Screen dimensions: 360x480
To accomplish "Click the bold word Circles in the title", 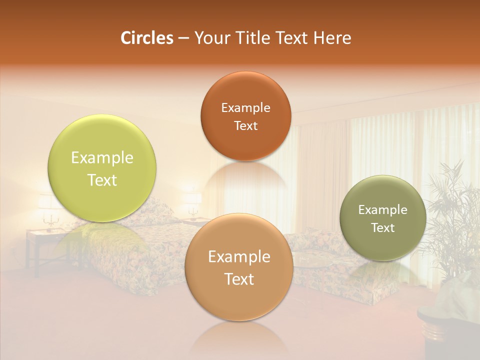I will tap(146, 38).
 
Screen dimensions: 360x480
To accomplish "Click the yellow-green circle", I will tap(102, 168).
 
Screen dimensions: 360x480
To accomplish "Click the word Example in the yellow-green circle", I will tap(102, 158).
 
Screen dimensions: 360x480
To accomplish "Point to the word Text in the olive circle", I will tap(383, 228).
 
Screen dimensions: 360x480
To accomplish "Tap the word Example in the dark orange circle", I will tap(245, 108).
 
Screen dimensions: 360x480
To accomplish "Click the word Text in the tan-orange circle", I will tap(239, 279).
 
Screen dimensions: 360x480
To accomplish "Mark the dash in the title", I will tap(183, 38).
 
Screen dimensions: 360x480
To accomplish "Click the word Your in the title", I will tap(210, 38).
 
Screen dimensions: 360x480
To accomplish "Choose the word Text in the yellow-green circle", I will tap(102, 180).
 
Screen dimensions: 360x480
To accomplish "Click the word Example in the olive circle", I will tap(383, 210).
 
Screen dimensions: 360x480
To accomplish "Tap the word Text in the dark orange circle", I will tap(245, 126).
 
